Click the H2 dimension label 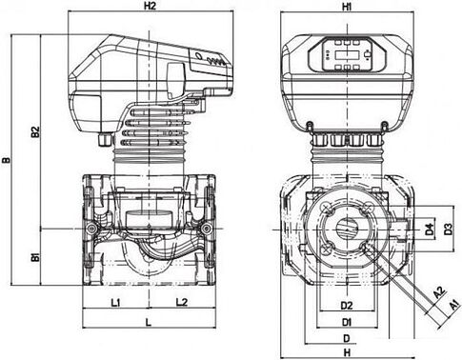[x=151, y=6]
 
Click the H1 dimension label [x=347, y=7]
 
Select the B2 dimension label [x=35, y=132]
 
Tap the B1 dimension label [x=35, y=257]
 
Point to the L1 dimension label [x=115, y=303]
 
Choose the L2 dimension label [x=182, y=302]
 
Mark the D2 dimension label [x=347, y=306]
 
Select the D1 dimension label [x=347, y=323]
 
